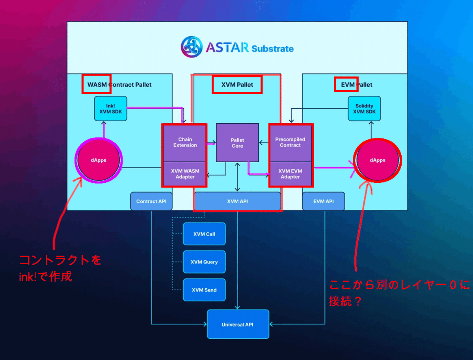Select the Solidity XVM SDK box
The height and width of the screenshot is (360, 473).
364,109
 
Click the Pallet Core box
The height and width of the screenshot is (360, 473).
237,143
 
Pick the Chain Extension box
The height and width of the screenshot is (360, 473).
185,143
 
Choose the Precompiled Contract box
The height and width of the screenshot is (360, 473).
290,143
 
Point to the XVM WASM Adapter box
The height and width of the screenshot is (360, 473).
185,174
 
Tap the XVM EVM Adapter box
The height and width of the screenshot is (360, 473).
290,174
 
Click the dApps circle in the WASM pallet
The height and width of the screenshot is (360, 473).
98,160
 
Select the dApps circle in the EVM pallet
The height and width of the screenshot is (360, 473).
378,160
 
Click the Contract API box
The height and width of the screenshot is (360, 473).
151,201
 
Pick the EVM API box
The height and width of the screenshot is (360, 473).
323,201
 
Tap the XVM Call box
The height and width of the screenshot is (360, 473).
204,234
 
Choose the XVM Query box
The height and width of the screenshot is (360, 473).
204,262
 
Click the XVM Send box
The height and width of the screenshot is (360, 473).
204,290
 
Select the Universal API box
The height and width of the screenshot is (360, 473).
238,324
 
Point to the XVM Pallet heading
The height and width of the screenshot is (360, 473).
237,85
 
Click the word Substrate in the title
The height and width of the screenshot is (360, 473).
272,49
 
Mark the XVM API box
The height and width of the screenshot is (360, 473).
237,201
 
